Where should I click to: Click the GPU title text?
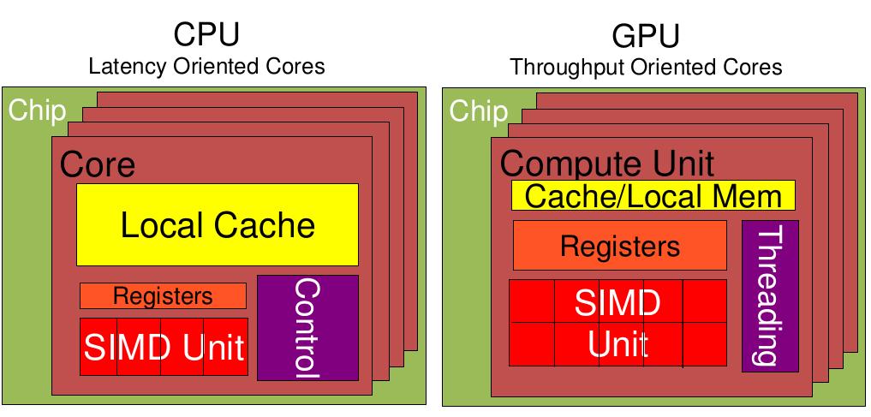[646, 36]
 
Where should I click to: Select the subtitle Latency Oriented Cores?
[206, 66]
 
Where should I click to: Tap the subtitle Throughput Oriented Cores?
[646, 67]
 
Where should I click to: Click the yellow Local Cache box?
[218, 224]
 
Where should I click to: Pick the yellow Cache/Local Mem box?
[653, 196]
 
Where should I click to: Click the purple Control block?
[307, 327]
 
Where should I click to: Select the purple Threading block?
[770, 295]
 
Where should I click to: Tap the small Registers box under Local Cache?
[163, 296]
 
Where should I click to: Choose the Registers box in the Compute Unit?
[619, 246]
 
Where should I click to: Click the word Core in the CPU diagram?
[97, 164]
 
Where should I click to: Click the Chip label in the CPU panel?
[37, 110]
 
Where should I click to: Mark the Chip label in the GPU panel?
[478, 110]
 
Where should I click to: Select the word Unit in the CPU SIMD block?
[213, 348]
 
